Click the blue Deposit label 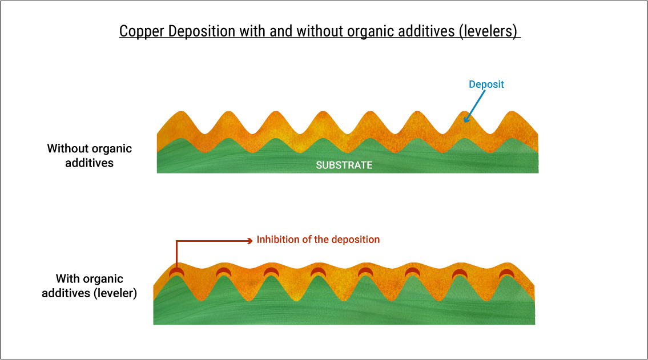[486, 84]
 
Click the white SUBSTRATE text [344, 165]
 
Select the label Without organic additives [89, 156]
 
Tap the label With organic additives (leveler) [89, 286]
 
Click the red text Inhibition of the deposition [318, 240]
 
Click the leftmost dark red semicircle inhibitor [176, 272]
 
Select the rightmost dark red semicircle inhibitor [506, 273]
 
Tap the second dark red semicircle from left [224, 272]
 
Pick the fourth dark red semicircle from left [318, 272]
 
